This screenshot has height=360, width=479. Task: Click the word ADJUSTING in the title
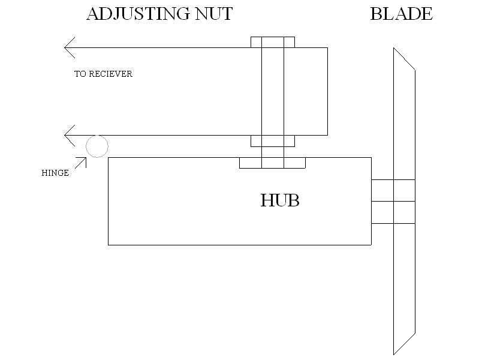click(139, 14)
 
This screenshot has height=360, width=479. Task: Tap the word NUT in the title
click(213, 14)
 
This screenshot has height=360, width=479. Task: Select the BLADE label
click(401, 14)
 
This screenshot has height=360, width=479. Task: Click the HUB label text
click(280, 200)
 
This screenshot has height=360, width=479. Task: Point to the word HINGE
click(55, 173)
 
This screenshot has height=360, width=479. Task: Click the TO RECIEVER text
click(103, 74)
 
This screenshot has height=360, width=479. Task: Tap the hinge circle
click(97, 146)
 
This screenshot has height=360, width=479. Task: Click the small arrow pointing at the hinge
click(80, 162)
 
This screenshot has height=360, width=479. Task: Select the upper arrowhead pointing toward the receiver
click(69, 47)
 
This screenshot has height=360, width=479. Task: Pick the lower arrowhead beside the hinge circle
click(69, 135)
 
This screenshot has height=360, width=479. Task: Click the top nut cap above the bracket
click(273, 42)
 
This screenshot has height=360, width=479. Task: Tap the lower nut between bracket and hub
click(273, 141)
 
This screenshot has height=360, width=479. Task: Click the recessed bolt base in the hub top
click(273, 163)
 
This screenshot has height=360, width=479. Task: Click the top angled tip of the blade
click(403, 59)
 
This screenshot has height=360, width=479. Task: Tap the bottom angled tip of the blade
click(403, 341)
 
